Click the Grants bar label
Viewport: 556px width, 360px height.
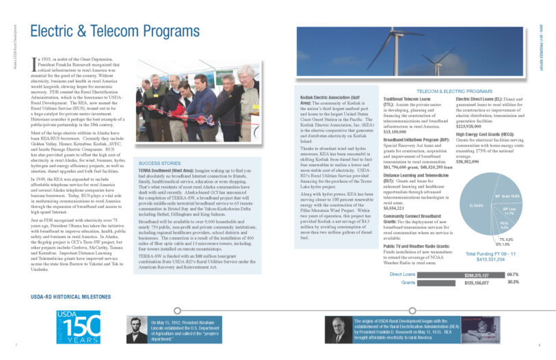point(409,281)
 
